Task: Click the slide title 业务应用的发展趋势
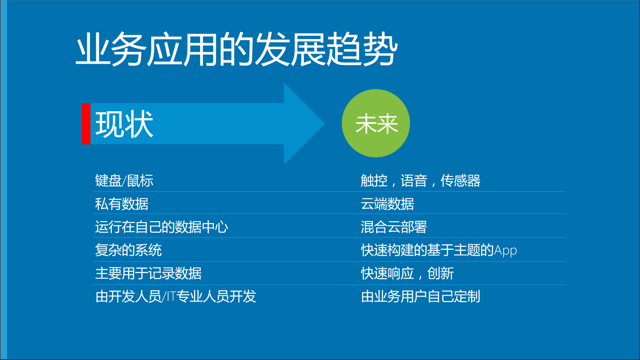(237, 49)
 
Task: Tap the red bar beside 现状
(86, 124)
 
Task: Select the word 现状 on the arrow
(124, 124)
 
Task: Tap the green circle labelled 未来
(376, 123)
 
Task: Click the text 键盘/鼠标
(124, 181)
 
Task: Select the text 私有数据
(122, 204)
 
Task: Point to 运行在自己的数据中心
(161, 227)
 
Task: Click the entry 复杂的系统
(128, 250)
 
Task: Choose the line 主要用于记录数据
(148, 273)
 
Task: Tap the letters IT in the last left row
(171, 297)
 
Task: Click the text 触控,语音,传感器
(420, 181)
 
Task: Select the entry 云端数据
(387, 204)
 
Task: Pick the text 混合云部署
(394, 227)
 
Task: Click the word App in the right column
(505, 251)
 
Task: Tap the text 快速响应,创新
(407, 273)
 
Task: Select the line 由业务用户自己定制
(420, 297)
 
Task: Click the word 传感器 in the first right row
(460, 181)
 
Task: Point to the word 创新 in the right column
(440, 273)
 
